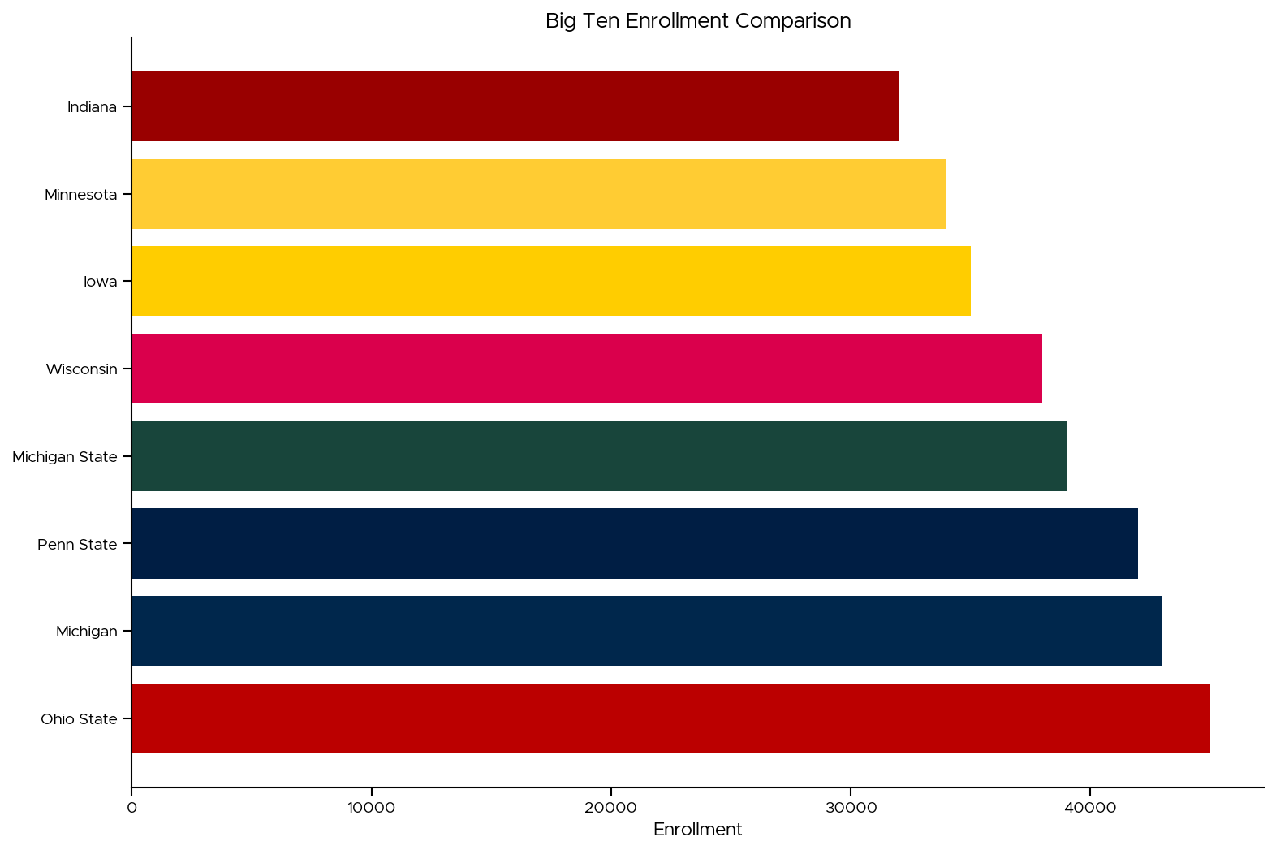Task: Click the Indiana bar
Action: pos(515,106)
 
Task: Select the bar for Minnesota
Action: pos(539,194)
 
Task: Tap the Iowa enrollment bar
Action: pos(550,281)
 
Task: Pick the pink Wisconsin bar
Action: pos(586,369)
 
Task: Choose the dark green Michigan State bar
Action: pos(598,456)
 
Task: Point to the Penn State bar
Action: pos(634,544)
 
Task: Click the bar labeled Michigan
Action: pos(646,631)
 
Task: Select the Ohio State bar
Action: pos(670,718)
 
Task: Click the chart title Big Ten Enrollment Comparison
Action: pos(698,21)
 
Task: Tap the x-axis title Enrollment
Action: pos(697,830)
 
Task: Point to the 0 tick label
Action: pos(131,808)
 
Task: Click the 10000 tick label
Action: pos(371,808)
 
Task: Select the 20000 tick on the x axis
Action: pos(610,808)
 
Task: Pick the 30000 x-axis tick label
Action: pos(850,808)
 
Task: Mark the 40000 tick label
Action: pos(1089,808)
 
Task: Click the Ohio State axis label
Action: pos(79,719)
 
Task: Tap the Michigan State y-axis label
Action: pos(65,457)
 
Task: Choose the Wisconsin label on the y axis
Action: pos(81,369)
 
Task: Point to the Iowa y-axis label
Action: pos(101,282)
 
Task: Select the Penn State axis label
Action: pos(77,545)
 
